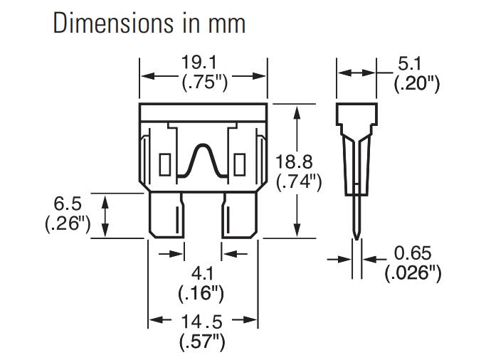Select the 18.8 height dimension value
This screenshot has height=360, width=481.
[x=295, y=162]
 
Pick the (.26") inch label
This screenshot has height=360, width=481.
[x=67, y=224]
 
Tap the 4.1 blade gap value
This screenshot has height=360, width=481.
[x=202, y=274]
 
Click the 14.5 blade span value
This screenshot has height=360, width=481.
[x=203, y=321]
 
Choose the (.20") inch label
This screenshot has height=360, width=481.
[x=417, y=83]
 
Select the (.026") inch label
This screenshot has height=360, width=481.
[x=413, y=272]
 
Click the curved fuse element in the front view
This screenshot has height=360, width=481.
[x=203, y=161]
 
